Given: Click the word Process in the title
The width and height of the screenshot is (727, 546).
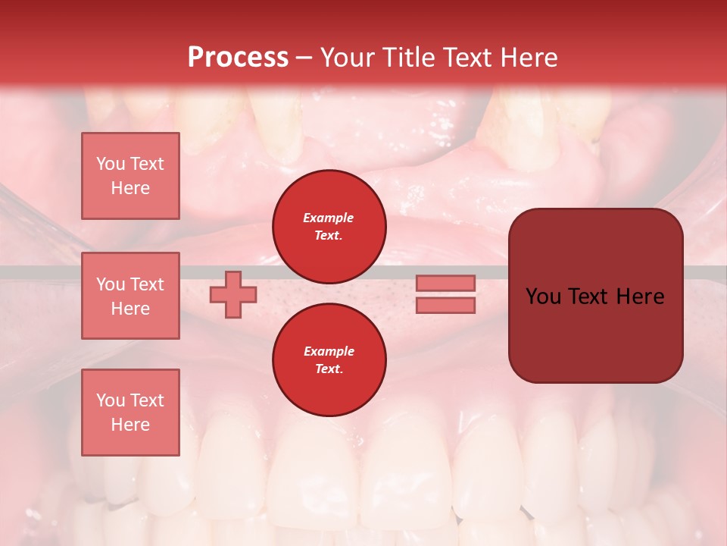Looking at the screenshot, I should (x=238, y=58).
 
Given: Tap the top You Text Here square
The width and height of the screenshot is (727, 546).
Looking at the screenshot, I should (x=130, y=176).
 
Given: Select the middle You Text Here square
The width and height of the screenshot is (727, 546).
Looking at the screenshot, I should (x=130, y=296).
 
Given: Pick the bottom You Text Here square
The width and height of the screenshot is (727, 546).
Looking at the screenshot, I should (x=130, y=413).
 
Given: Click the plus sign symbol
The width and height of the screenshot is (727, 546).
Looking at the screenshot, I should (x=233, y=294).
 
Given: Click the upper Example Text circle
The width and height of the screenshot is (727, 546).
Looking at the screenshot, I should (x=329, y=227).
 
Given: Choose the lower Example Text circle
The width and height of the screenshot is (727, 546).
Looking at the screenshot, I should (x=329, y=360).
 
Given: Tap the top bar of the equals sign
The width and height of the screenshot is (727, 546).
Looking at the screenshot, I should (x=445, y=283).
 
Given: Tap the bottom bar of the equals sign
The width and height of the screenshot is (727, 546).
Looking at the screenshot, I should (x=445, y=306).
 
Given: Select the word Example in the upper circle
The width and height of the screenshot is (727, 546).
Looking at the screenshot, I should (x=329, y=218).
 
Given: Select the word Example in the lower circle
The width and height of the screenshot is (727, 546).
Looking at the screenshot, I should (x=329, y=351).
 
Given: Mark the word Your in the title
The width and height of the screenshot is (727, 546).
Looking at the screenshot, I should (x=346, y=58).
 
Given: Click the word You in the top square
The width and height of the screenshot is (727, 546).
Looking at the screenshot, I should (x=110, y=164).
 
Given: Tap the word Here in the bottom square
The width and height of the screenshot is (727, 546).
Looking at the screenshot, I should (x=130, y=425).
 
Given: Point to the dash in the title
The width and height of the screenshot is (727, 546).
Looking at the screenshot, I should (x=304, y=58).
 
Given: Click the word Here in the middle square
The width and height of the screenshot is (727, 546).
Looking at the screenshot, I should (x=130, y=309).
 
